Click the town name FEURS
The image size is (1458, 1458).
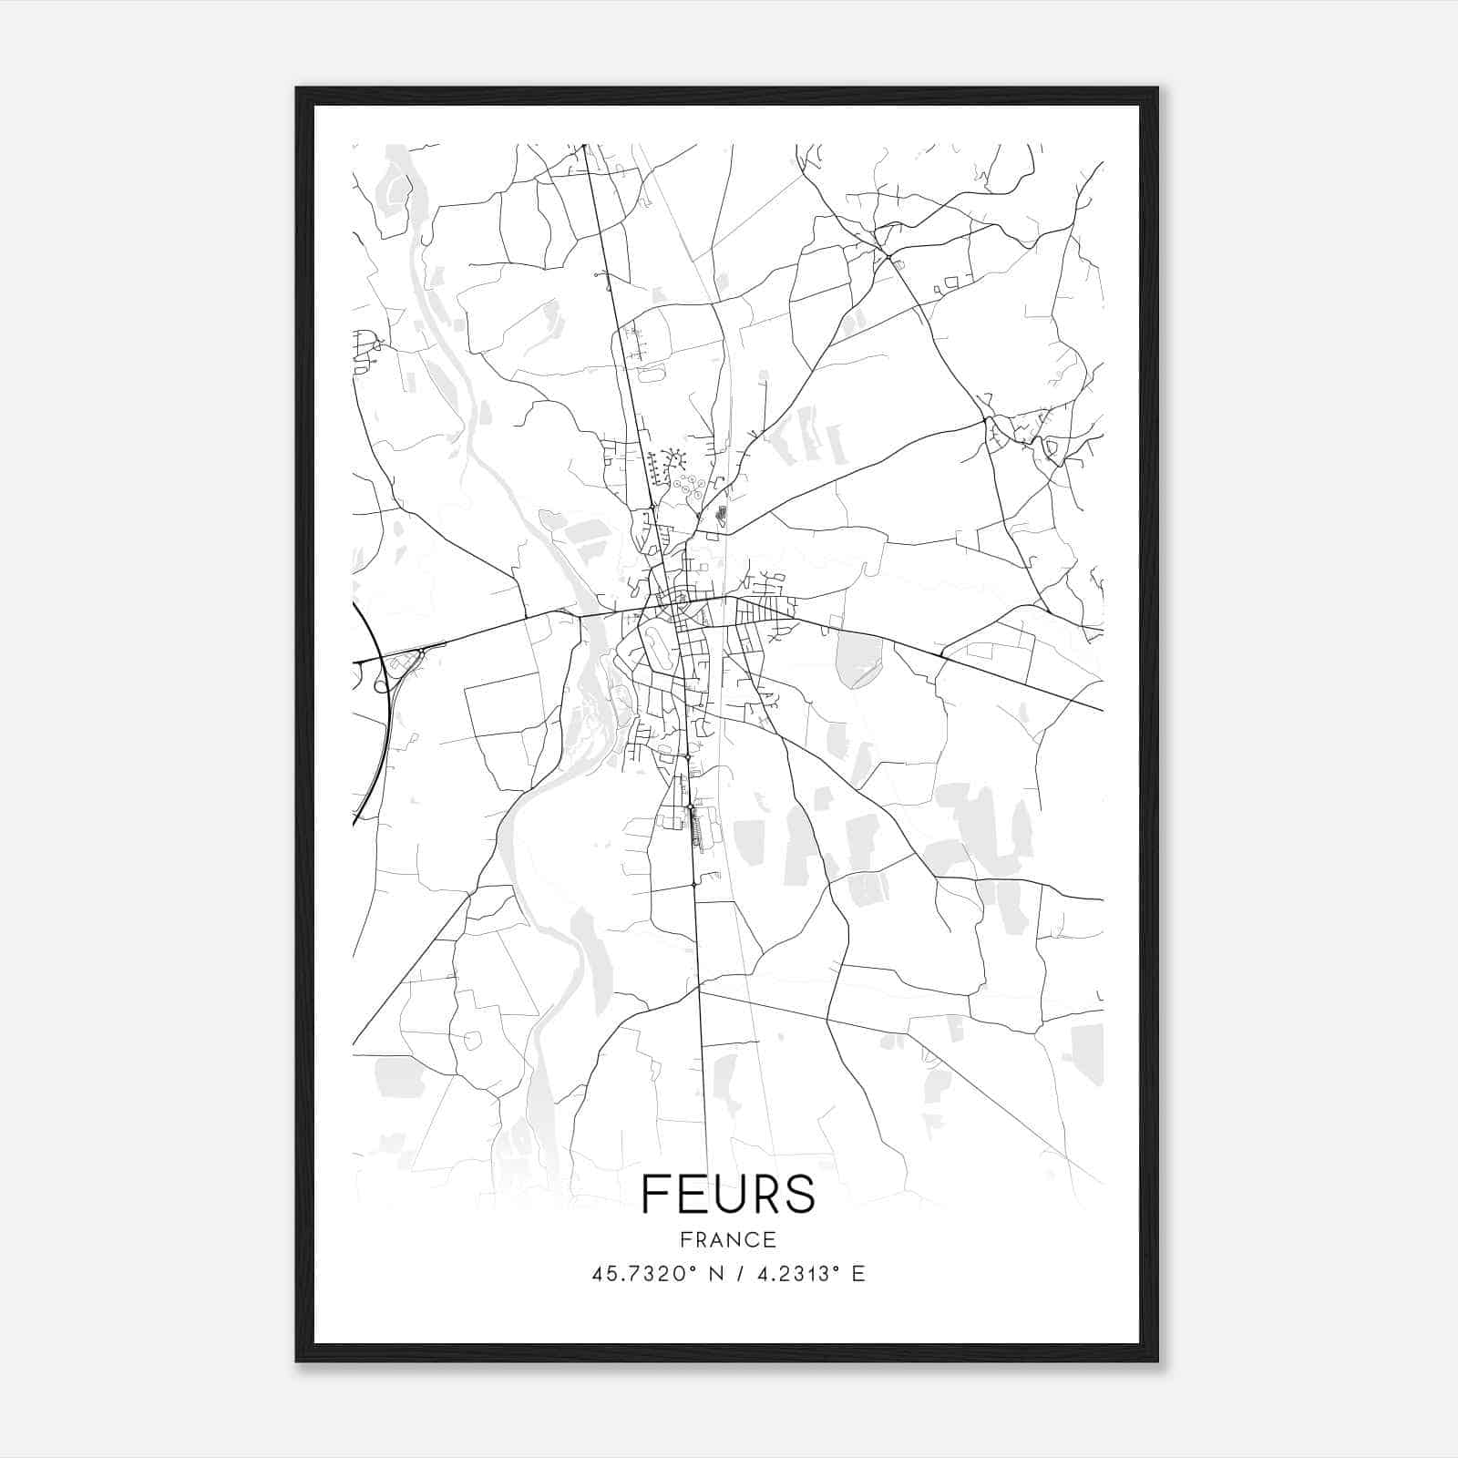click(728, 1194)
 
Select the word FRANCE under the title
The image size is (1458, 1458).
click(728, 1239)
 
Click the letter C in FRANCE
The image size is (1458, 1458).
click(753, 1239)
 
